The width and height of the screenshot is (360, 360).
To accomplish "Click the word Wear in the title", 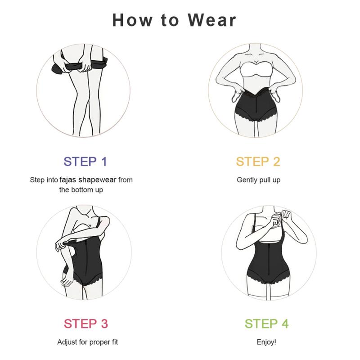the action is coord(212,20).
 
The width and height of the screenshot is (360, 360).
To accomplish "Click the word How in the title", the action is coord(132,20).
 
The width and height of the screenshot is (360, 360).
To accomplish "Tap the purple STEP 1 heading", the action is coord(85,162).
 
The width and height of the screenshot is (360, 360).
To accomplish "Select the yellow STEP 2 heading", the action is coord(258,162).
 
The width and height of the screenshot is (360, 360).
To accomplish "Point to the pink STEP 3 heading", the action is coord(85,324).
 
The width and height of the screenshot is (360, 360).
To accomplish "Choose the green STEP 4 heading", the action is coord(266,324).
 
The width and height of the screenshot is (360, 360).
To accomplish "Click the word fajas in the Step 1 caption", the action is coord(67,180).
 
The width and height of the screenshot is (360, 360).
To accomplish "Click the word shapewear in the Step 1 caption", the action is coord(97,180).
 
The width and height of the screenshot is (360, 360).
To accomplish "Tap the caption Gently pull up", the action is coord(258,180).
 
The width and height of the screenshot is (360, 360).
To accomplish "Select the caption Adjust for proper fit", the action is coord(87,342).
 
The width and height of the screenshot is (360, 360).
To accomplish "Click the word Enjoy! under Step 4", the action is coord(266,342).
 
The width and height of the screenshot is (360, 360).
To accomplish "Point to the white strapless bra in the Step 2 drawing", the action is coord(257,70).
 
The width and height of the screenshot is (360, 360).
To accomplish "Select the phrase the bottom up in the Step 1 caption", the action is coord(81,190).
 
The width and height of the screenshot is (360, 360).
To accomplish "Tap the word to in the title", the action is coord(170,20).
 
